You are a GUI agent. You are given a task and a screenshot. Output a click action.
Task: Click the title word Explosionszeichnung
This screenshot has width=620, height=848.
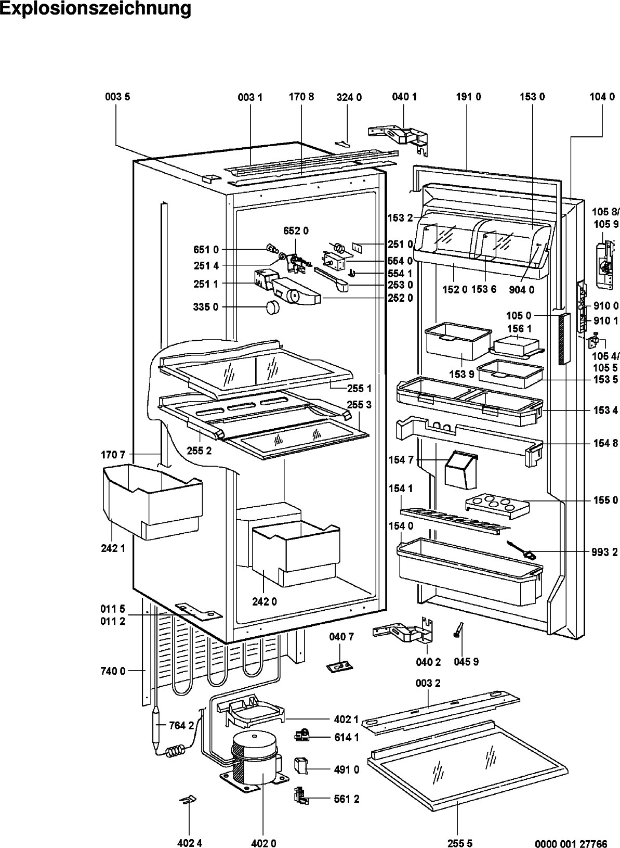(96, 8)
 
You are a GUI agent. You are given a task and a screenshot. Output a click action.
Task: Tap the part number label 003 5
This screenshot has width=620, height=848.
(117, 97)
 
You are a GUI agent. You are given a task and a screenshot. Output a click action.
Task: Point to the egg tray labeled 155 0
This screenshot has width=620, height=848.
(496, 506)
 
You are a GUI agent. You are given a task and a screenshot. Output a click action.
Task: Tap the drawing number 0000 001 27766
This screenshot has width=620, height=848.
(571, 843)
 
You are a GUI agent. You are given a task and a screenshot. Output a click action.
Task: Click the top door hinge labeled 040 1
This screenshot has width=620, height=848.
(398, 139)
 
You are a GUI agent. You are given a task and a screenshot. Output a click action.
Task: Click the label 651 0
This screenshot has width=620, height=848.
(206, 250)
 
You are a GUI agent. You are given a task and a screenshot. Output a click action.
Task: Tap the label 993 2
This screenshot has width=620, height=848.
(605, 553)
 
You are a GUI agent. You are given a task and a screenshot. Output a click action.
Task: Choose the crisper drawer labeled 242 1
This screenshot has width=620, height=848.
(152, 501)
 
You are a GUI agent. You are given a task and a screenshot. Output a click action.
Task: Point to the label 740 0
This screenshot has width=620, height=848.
(113, 671)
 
